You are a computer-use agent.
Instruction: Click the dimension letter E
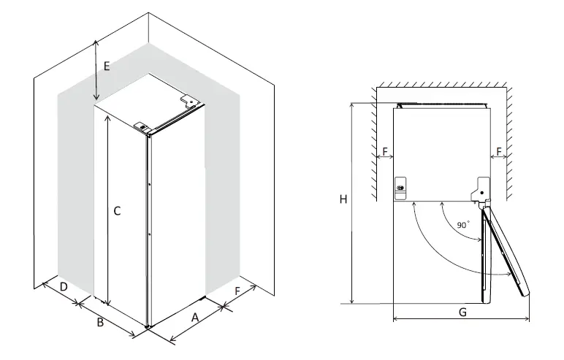pyautogui.click(x=106, y=66)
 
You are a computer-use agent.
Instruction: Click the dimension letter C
pyautogui.click(x=116, y=210)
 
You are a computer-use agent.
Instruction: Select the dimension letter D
pyautogui.click(x=64, y=287)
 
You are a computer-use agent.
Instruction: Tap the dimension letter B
pyautogui.click(x=99, y=322)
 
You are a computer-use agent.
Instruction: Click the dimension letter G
pyautogui.click(x=462, y=312)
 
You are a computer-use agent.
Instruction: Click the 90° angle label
pyautogui.click(x=463, y=226)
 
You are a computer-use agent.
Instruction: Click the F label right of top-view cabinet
pyautogui.click(x=499, y=152)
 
